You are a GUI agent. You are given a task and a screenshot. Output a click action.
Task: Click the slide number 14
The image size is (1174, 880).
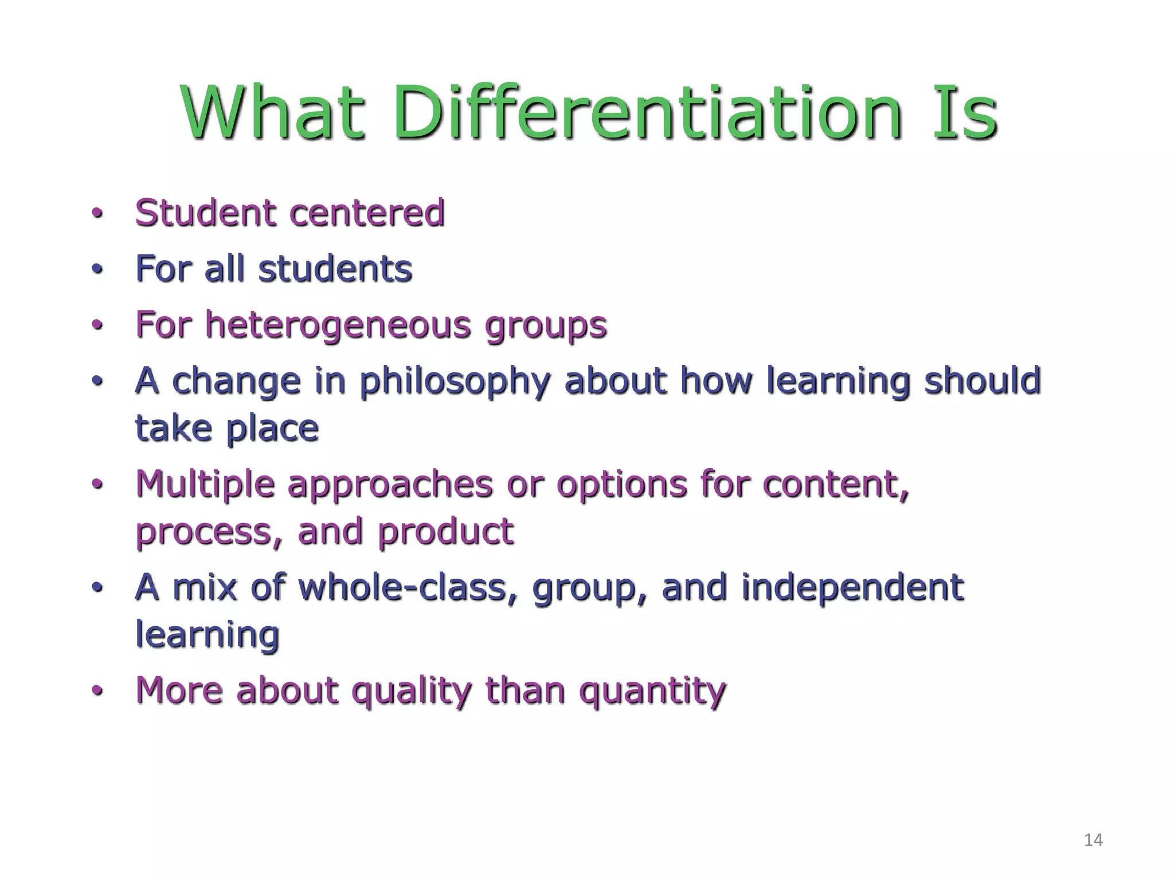(1093, 840)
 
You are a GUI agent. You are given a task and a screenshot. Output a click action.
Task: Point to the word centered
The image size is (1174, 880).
(367, 213)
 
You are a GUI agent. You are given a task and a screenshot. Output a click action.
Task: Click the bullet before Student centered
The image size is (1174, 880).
(97, 214)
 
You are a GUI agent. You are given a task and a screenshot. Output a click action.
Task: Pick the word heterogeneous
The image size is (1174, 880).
(339, 325)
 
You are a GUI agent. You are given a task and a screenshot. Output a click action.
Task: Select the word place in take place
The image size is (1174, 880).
(272, 428)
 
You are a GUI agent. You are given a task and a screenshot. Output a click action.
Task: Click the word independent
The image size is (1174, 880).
(852, 587)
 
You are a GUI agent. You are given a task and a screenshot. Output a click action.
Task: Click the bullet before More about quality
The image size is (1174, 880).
(97, 691)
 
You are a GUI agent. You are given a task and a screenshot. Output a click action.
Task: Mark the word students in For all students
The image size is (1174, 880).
(335, 269)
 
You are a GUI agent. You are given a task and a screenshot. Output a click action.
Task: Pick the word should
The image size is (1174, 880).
(982, 380)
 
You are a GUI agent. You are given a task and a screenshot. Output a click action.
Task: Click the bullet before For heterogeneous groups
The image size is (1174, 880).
(97, 325)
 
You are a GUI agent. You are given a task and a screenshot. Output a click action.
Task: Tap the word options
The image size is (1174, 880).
(621, 485)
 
